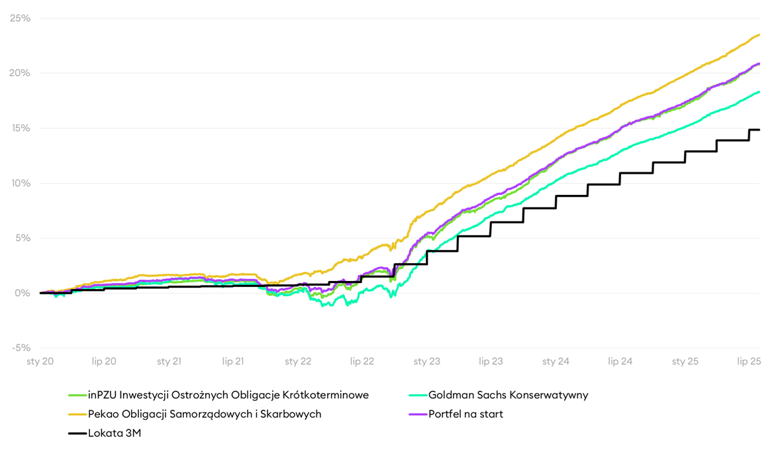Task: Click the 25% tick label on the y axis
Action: (x=20, y=18)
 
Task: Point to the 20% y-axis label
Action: (x=20, y=73)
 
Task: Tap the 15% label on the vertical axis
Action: (x=20, y=128)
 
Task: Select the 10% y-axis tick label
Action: (x=20, y=183)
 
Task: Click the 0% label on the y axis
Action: (x=23, y=293)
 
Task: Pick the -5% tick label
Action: (x=20, y=348)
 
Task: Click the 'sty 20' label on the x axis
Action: (x=40, y=361)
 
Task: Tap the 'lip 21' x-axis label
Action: (x=233, y=361)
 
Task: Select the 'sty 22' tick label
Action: (x=298, y=361)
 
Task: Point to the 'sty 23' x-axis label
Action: (x=427, y=361)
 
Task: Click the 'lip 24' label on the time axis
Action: (x=620, y=361)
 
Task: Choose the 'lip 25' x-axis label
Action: (x=750, y=361)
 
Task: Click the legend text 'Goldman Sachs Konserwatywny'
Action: (x=508, y=395)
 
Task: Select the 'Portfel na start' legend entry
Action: (x=465, y=414)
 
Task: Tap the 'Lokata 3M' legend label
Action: (x=115, y=433)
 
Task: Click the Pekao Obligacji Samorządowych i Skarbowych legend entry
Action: (x=205, y=414)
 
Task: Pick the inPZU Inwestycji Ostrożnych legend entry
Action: (x=228, y=395)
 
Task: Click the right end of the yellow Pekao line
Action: (x=759, y=35)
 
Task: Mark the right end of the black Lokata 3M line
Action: (x=759, y=130)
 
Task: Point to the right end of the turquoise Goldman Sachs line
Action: (x=759, y=92)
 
